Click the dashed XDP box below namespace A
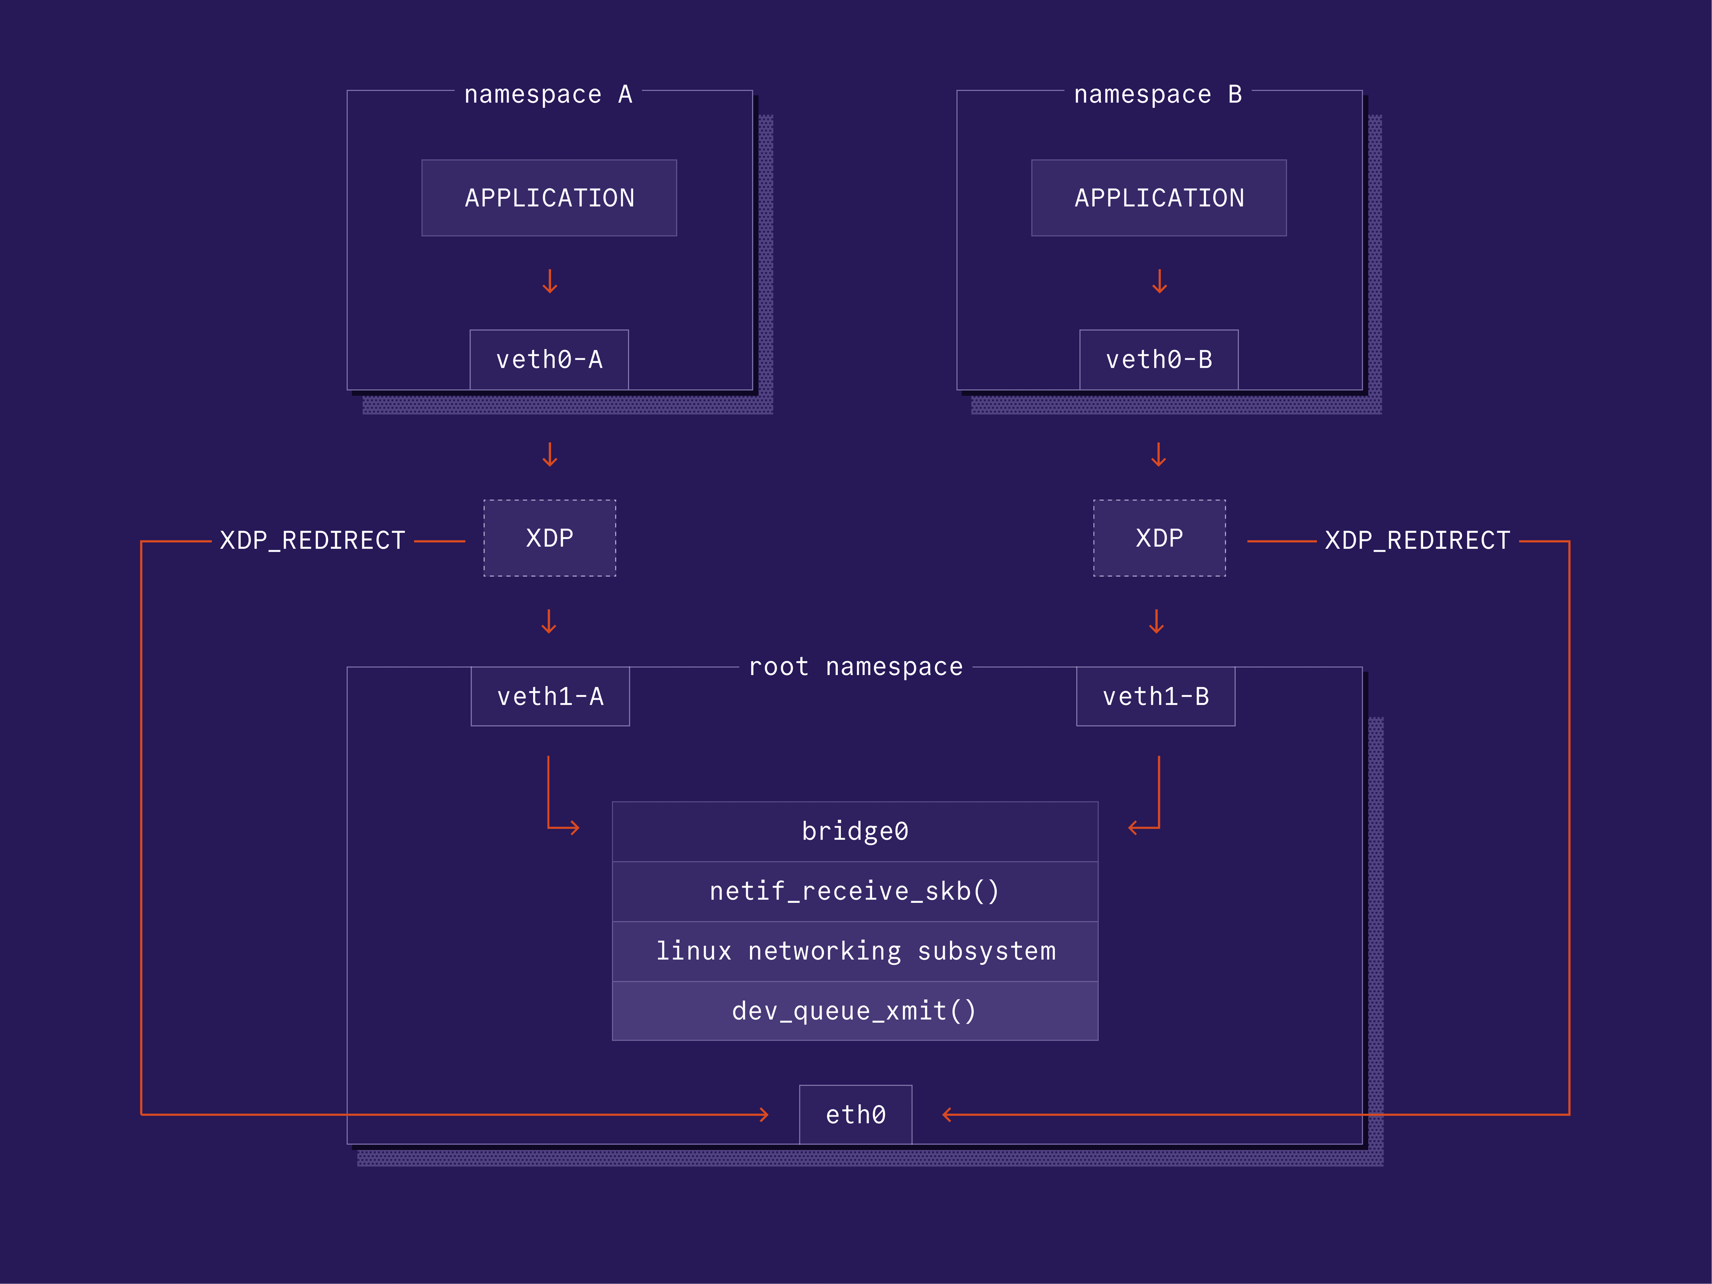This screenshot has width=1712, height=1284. (x=550, y=538)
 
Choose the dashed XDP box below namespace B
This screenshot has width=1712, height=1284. (x=1160, y=538)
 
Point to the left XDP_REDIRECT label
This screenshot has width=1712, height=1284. (x=313, y=540)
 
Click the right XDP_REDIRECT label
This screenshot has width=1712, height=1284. (x=1417, y=540)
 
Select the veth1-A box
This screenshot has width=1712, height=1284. (x=550, y=696)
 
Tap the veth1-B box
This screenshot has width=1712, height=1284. (x=1156, y=696)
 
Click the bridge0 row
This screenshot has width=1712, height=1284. (x=855, y=831)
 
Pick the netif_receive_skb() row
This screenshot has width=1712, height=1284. (x=855, y=892)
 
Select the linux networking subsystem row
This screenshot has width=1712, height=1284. (x=855, y=951)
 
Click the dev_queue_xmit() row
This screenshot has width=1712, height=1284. (x=855, y=1011)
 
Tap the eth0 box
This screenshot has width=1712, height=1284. (x=855, y=1115)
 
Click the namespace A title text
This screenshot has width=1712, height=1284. (x=548, y=95)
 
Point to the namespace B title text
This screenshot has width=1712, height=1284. (x=1158, y=95)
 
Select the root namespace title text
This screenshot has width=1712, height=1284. (x=855, y=667)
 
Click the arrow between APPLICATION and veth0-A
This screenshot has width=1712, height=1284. (x=550, y=281)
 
